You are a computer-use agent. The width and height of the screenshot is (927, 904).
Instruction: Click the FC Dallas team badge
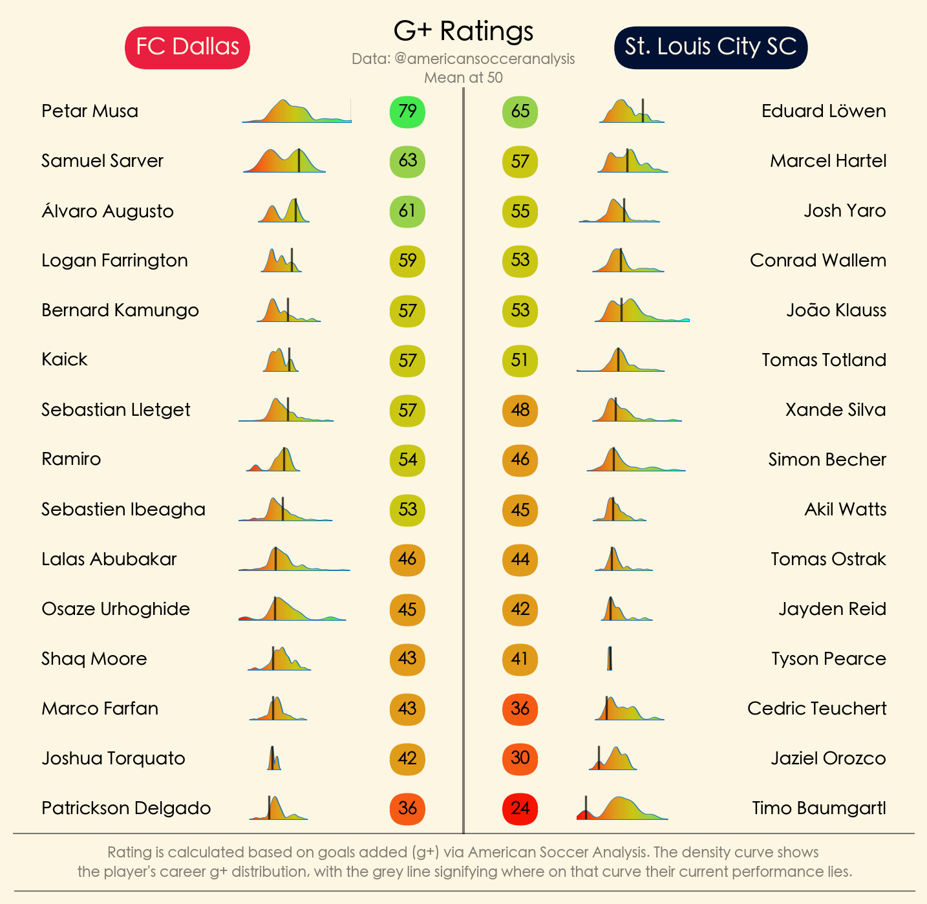point(187,47)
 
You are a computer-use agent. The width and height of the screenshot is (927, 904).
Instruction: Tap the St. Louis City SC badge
point(710,47)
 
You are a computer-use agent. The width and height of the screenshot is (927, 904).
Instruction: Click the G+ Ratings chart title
point(463,30)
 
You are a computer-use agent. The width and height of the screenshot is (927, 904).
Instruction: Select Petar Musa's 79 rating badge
point(407,111)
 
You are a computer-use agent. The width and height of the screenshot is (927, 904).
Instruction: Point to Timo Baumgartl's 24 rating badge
point(520,808)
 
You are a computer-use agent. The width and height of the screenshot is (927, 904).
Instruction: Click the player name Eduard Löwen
point(824,111)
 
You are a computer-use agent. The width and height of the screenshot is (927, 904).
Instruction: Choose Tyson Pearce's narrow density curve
point(610,659)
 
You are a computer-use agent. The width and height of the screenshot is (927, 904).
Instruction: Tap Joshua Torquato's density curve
point(274,759)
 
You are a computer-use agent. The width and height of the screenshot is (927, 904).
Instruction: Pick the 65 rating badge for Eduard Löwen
point(520,111)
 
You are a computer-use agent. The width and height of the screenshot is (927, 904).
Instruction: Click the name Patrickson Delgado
point(126,808)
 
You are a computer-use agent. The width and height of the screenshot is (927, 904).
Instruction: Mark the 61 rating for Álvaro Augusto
point(407,211)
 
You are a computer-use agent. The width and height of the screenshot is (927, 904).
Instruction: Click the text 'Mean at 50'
point(463,78)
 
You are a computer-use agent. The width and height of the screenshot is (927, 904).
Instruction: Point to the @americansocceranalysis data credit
point(463,59)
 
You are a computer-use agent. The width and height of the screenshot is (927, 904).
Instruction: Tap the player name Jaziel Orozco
point(828,759)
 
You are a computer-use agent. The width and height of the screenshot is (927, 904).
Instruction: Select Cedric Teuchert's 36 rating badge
point(520,709)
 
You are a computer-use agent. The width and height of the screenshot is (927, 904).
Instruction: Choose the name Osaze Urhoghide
point(116,609)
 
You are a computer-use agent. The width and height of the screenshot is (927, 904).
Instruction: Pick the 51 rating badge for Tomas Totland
point(520,360)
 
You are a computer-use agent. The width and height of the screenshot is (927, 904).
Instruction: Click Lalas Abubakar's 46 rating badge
point(407,559)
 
